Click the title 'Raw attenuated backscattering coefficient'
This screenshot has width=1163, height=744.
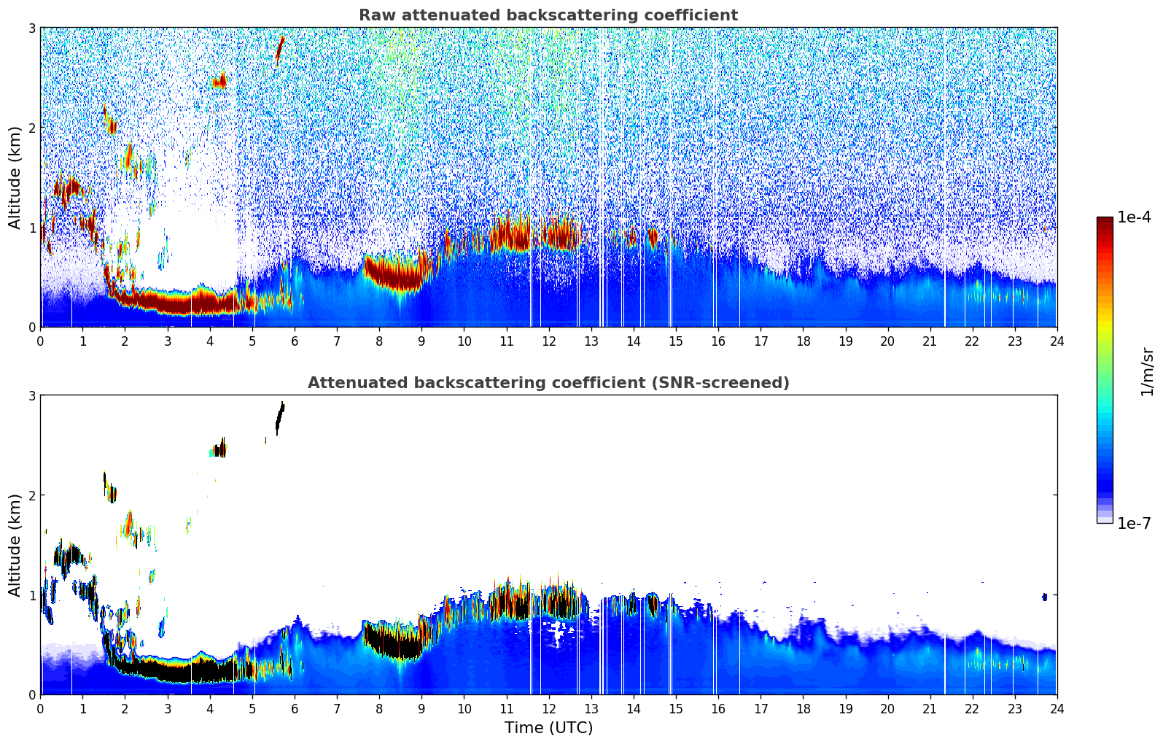548,15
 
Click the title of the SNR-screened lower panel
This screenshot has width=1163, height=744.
548,383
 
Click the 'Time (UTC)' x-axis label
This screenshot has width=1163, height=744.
548,728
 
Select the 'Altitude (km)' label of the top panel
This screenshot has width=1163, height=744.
15,177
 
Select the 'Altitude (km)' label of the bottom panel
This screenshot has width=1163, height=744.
15,545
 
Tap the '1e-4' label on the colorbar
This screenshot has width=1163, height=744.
1134,217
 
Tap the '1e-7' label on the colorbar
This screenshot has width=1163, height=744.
1134,523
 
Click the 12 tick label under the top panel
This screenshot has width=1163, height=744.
548,341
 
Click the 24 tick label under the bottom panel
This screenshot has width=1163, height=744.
1057,708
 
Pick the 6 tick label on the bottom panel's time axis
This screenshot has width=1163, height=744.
295,708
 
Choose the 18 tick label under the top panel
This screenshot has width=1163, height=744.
803,341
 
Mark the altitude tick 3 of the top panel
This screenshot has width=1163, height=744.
31,28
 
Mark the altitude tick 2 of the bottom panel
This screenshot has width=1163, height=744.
31,495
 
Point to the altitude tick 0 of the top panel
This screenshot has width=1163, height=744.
31,327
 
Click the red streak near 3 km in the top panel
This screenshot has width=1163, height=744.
279,50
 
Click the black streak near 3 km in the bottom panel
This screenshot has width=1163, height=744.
279,418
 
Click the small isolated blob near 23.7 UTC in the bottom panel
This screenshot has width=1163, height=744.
1044,597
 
